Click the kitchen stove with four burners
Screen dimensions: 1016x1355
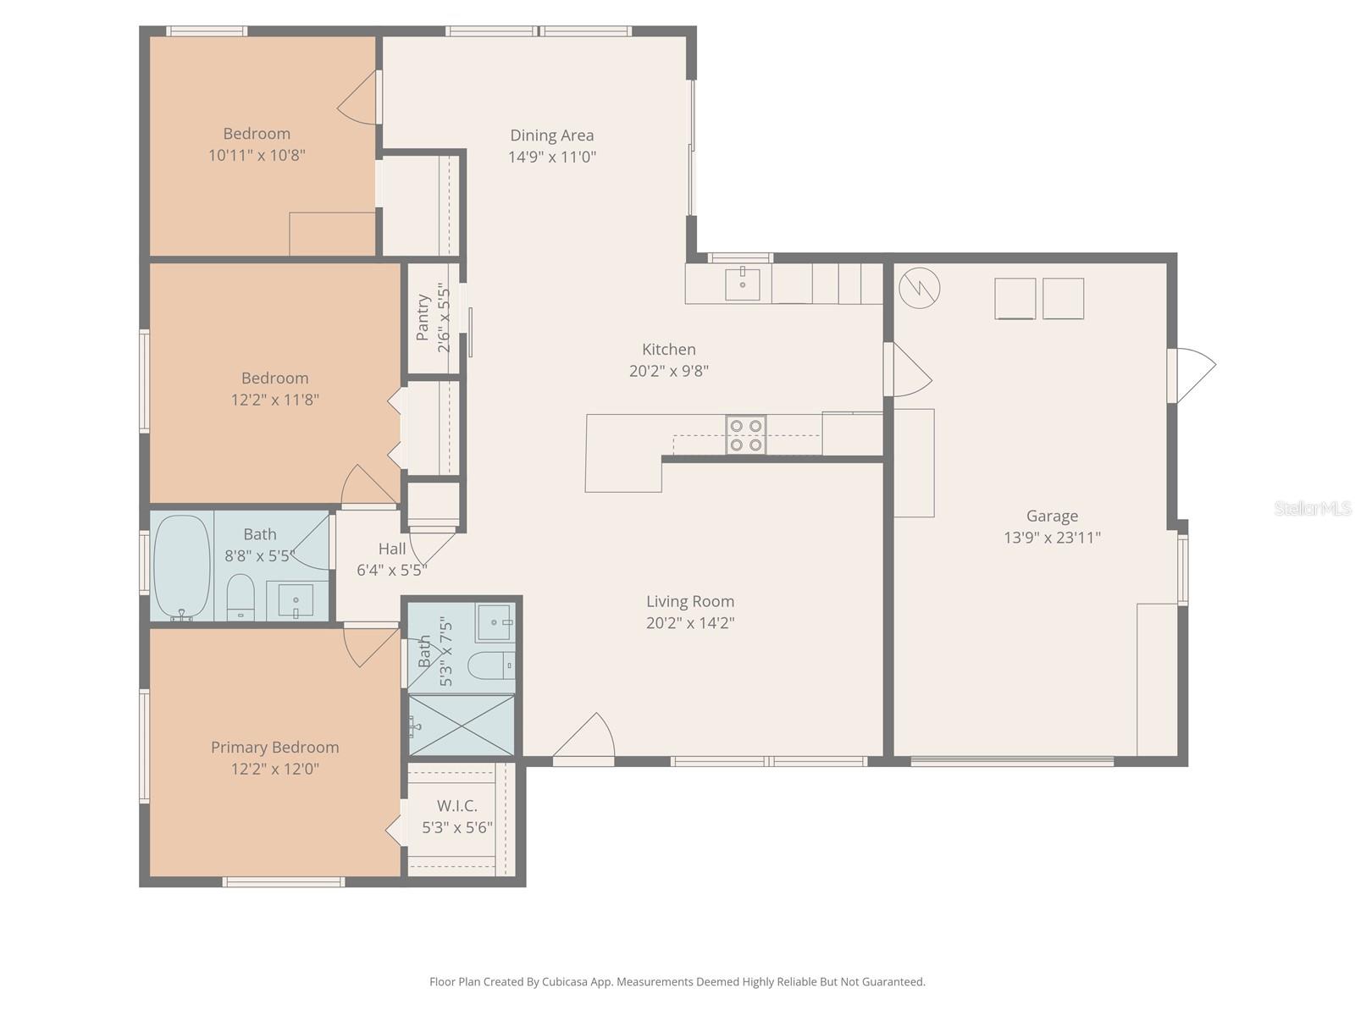pos(745,434)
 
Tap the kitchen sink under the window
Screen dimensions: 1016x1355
pos(743,284)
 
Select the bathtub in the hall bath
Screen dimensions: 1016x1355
pos(181,566)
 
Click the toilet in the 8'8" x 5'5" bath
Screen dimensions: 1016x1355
pos(241,598)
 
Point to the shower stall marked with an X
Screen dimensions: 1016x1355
pos(461,725)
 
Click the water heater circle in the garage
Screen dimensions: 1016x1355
pos(919,289)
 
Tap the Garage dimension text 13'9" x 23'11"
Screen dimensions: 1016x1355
pos(1052,537)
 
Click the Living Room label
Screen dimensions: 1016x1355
pos(689,601)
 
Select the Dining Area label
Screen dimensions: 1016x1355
pos(551,135)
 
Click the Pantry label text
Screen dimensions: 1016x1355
pos(423,317)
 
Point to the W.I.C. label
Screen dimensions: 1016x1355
pos(456,805)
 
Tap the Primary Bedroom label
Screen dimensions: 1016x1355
pos(274,747)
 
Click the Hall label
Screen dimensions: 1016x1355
pos(391,549)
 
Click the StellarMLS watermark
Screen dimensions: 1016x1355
pos(1312,508)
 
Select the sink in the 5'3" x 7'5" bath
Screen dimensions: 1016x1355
pos(493,622)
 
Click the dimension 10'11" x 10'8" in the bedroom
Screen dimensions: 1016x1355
pos(257,155)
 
